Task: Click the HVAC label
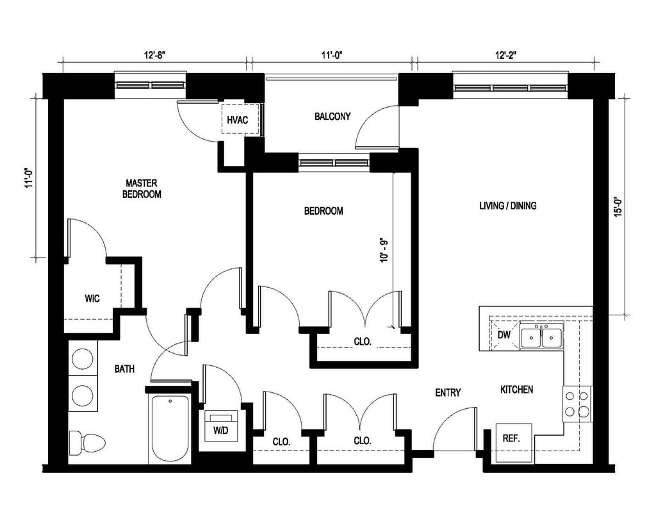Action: (237, 120)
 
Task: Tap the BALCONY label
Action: (332, 116)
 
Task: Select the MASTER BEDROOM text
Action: (142, 188)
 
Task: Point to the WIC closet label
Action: (92, 298)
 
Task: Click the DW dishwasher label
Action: (504, 335)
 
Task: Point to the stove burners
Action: (577, 403)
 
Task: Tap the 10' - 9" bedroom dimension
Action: (384, 250)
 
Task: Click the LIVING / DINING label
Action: (508, 206)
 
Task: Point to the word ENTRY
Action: (448, 392)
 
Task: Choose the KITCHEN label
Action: (517, 390)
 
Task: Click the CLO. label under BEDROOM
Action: (363, 342)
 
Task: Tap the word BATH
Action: (125, 368)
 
